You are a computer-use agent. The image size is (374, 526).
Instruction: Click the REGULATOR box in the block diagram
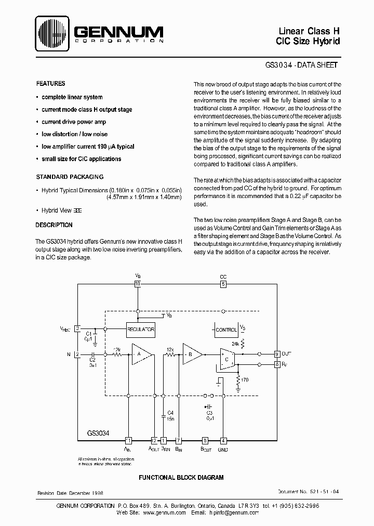point(141,329)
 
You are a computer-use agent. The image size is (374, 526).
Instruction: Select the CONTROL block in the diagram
point(225,330)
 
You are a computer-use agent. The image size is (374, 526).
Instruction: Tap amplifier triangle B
point(192,354)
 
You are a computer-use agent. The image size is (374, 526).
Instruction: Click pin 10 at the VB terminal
point(138,284)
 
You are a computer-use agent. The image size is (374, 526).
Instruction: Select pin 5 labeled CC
point(223,284)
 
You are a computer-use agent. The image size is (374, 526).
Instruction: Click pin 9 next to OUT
point(277,354)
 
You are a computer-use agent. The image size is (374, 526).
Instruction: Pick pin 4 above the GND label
point(223,440)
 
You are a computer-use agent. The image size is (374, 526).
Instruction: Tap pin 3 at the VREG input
point(77,328)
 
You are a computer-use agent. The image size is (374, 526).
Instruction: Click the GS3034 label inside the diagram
point(97,432)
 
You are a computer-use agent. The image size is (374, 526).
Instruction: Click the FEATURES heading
point(50,84)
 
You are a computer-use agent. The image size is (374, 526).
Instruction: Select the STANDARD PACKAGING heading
point(69,177)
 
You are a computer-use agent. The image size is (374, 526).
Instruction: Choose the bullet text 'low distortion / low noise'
point(74,134)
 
